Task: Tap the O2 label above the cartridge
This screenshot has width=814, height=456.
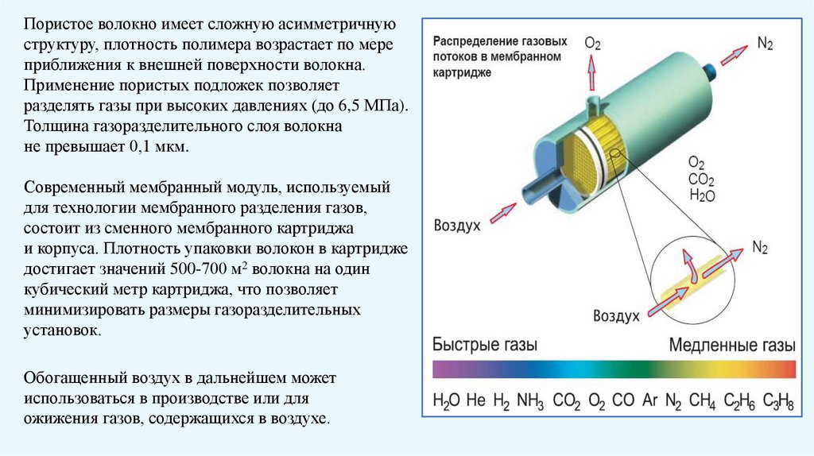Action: (x=593, y=42)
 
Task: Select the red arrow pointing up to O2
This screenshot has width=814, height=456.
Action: (x=591, y=75)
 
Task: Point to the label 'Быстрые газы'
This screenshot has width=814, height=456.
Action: (x=485, y=345)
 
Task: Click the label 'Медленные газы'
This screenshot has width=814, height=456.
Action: (x=731, y=345)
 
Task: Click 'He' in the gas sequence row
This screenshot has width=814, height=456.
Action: (x=475, y=400)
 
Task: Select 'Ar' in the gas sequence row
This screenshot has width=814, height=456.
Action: (x=649, y=400)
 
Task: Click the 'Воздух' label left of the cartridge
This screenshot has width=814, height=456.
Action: (x=457, y=225)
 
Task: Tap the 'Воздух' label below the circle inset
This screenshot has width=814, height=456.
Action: (x=616, y=315)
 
